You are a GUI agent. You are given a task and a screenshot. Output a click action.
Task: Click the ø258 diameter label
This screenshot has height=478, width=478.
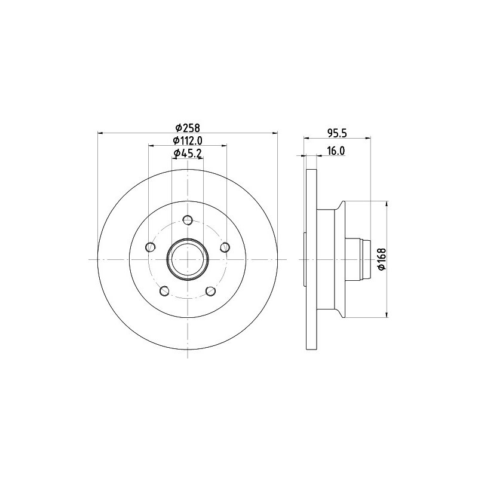pyautogui.click(x=188, y=127)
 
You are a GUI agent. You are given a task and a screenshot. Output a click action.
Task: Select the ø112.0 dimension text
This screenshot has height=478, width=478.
pyautogui.click(x=188, y=140)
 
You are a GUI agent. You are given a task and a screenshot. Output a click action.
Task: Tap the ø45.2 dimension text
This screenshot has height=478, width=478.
pyautogui.click(x=188, y=154)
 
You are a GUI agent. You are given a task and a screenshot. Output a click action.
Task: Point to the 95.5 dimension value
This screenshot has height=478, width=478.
pyautogui.click(x=337, y=133)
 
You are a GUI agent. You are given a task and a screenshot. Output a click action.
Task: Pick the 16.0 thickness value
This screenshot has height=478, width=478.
pyautogui.click(x=336, y=151)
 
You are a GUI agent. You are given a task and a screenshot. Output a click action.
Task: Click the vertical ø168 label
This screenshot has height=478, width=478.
pyautogui.click(x=382, y=259)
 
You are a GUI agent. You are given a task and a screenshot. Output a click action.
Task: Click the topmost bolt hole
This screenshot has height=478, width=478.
pyautogui.click(x=188, y=220)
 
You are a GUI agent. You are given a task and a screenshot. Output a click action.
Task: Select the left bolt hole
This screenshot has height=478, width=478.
pyautogui.click(x=151, y=247)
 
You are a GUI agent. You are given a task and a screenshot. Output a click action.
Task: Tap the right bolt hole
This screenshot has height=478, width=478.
pyautogui.click(x=225, y=247)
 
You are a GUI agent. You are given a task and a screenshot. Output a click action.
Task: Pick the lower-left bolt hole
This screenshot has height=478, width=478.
pyautogui.click(x=165, y=291)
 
